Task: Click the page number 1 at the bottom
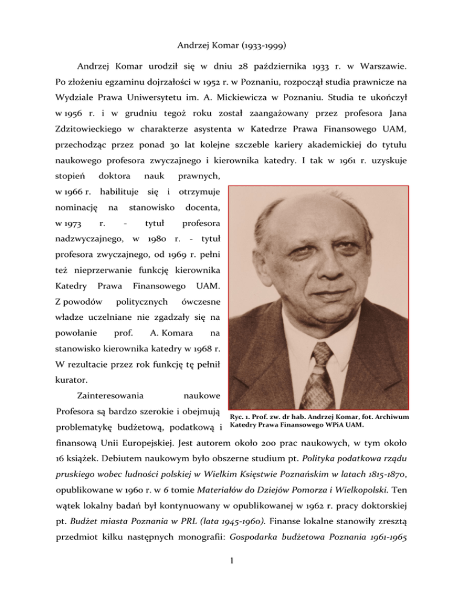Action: pos(232,574)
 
